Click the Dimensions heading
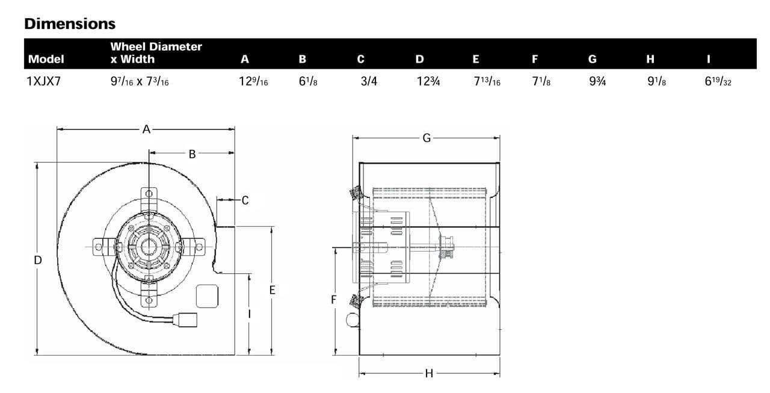(69, 24)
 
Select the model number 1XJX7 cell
(43, 81)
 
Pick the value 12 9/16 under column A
(253, 81)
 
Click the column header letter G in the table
(593, 59)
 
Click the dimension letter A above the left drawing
(146, 129)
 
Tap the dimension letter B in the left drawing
(192, 153)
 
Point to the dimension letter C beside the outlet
(245, 200)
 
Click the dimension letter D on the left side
(37, 260)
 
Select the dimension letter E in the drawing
(272, 290)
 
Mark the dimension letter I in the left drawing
(249, 314)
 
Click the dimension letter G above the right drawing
(427, 138)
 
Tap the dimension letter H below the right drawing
(429, 373)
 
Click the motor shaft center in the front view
(146, 246)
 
